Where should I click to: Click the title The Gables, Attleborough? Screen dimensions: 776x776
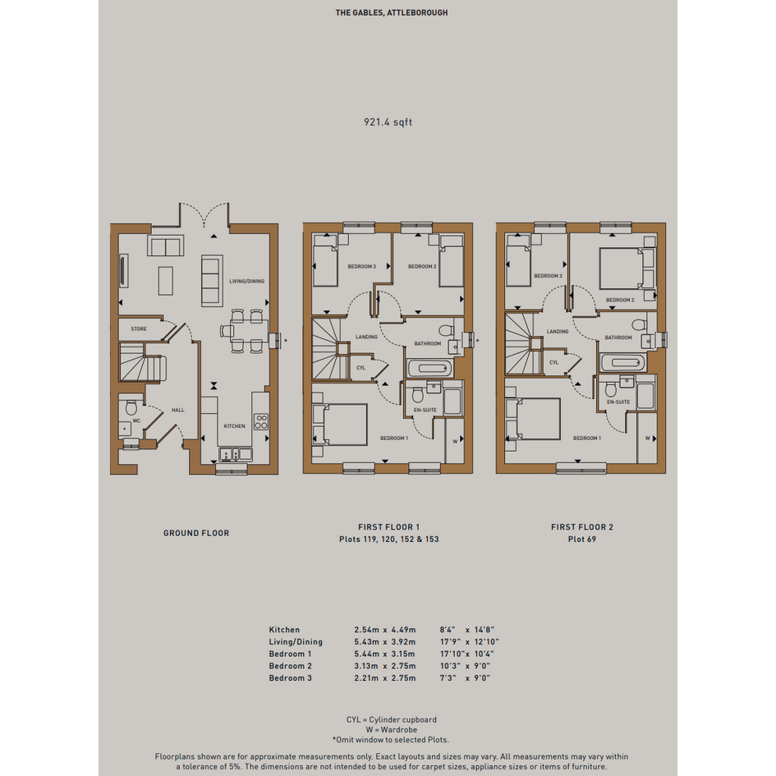[x=392, y=13]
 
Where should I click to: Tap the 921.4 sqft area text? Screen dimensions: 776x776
[x=388, y=122]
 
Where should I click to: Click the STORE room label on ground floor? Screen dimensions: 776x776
[x=139, y=329]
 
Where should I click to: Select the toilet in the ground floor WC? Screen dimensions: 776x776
[x=131, y=407]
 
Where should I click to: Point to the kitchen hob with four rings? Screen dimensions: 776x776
[x=261, y=421]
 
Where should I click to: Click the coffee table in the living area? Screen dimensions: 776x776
[x=166, y=281]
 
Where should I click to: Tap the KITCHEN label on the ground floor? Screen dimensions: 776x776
[x=235, y=426]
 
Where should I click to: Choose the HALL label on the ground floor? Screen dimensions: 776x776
[x=178, y=411]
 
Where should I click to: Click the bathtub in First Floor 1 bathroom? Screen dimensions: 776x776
[x=429, y=368]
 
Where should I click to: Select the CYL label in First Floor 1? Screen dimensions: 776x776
[x=360, y=368]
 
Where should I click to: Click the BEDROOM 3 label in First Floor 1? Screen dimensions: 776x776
[x=362, y=267]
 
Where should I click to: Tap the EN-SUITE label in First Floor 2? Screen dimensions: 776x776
[x=618, y=402]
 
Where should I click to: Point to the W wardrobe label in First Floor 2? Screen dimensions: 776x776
[x=647, y=439]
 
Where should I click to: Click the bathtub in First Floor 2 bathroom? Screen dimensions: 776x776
[x=622, y=363]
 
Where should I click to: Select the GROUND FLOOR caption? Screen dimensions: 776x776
[x=196, y=534]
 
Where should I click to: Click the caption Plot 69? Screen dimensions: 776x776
[x=582, y=540]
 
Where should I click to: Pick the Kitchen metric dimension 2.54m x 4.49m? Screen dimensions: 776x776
[x=385, y=630]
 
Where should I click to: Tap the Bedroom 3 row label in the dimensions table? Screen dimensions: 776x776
[x=291, y=678]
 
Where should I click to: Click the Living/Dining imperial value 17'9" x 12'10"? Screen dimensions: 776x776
[x=470, y=642]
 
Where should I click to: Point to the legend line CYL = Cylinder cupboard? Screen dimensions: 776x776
[x=392, y=719]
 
